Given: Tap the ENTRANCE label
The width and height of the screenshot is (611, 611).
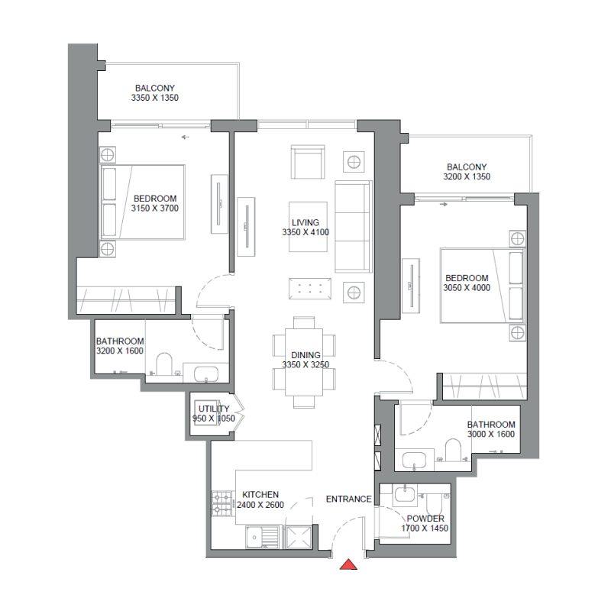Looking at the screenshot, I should tap(348, 499).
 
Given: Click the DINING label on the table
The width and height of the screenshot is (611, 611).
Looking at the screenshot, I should tap(305, 355).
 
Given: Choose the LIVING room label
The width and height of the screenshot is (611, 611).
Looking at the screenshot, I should tap(305, 222).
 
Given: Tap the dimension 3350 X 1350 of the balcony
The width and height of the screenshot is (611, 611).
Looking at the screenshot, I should tap(155, 99).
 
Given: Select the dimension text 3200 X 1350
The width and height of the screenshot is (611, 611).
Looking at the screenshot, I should tap(466, 176).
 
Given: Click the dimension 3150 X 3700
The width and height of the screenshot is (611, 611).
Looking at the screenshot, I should tap(155, 208).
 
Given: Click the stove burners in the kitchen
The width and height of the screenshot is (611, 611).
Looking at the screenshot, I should tap(221, 502).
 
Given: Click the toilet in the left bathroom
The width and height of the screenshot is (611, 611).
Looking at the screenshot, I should tap(163, 364).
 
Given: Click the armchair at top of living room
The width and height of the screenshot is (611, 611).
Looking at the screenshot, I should tap(308, 161).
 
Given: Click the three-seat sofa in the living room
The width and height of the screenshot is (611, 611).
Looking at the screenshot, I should tap(354, 226).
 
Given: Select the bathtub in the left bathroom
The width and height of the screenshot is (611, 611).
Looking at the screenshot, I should tap(206, 374).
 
